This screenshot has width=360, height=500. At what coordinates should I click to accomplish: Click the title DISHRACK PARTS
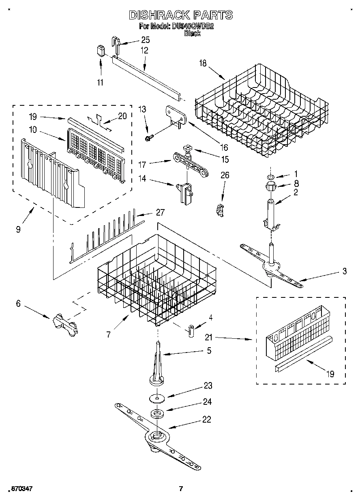pos(180,15)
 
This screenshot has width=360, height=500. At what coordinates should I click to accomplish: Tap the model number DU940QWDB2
pos(192,27)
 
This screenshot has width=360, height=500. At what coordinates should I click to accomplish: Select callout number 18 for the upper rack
pos(203,63)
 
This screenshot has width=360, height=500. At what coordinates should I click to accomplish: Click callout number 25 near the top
pos(145,40)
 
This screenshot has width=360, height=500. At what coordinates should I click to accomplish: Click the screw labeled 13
pos(148,138)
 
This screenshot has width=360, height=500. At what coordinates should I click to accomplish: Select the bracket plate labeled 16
pos(174,113)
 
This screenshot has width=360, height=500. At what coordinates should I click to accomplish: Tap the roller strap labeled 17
pos(191,164)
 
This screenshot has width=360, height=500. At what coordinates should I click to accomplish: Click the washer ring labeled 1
pos(270,177)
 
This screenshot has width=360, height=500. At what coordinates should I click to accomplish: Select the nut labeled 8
pos(270,187)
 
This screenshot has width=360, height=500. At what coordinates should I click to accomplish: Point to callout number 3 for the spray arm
pos(344,271)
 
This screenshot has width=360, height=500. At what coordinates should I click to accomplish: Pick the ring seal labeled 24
pos(157,414)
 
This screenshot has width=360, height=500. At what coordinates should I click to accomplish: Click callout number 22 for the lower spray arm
pos(206,419)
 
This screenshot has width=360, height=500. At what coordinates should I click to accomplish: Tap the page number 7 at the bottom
pos(181,488)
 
